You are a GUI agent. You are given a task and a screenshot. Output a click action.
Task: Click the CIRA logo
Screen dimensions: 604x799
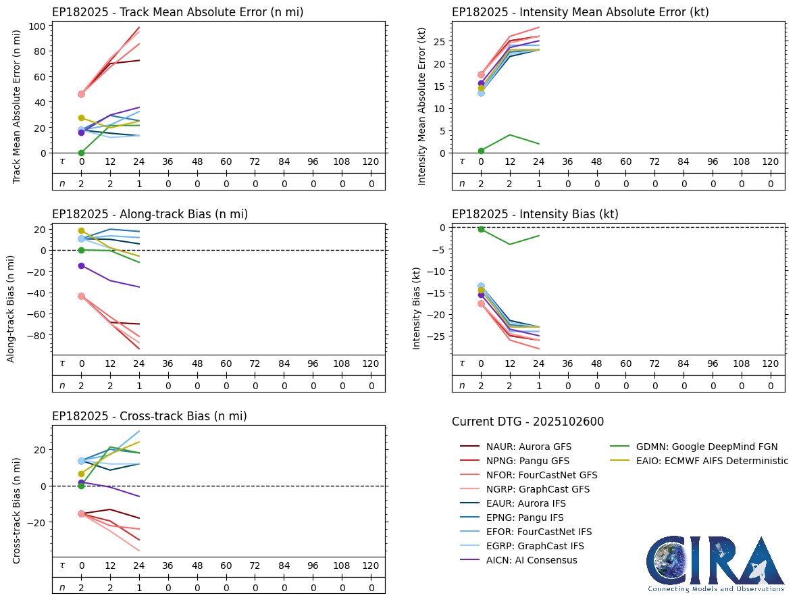(x=715, y=563)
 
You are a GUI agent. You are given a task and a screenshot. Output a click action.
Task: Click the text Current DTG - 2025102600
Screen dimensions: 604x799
(x=527, y=422)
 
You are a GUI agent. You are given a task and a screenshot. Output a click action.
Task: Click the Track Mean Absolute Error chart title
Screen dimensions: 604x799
(x=178, y=12)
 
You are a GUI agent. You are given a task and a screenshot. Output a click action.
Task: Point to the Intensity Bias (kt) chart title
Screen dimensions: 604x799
(x=535, y=214)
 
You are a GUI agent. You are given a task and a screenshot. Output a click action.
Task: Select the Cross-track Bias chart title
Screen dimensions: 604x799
(x=149, y=416)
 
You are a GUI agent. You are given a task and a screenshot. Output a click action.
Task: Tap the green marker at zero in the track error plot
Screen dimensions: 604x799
(x=81, y=153)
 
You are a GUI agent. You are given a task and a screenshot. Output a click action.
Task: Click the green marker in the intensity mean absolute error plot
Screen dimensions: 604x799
(x=481, y=151)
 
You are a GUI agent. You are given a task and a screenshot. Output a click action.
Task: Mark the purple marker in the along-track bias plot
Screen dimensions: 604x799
(x=81, y=266)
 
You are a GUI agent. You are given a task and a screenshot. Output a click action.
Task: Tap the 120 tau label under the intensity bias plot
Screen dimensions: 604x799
(x=770, y=363)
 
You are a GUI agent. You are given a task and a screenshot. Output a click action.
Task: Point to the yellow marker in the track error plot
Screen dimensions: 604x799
(x=81, y=118)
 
